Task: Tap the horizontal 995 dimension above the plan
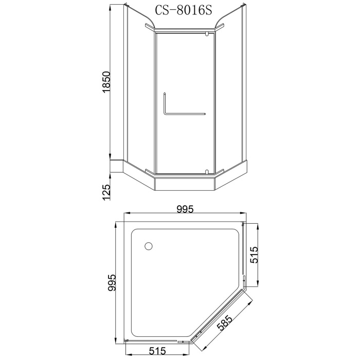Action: pyautogui.click(x=184, y=209)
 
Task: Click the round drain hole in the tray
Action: pyautogui.click(x=149, y=246)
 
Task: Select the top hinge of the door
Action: pyautogui.click(x=207, y=34)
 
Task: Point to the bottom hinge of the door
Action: pyautogui.click(x=207, y=172)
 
